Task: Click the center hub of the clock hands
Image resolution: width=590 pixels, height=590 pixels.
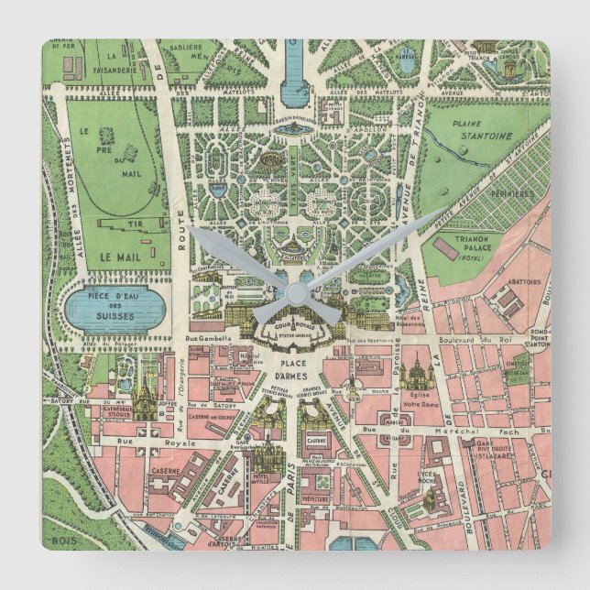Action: pyautogui.click(x=295, y=292)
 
